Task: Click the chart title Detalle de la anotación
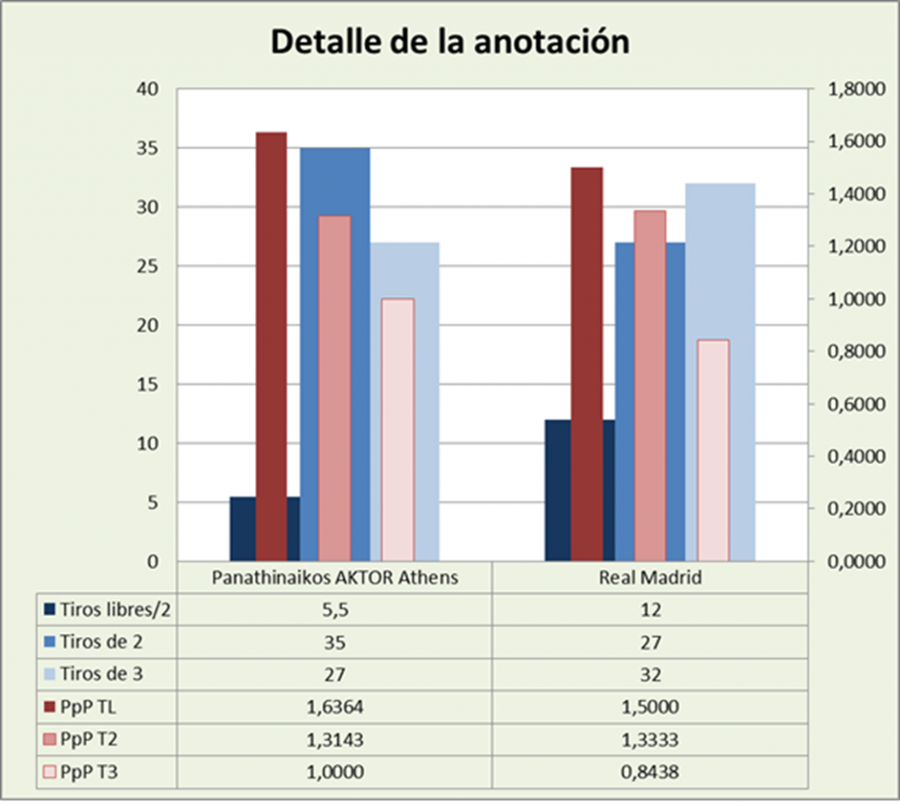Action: click(x=449, y=41)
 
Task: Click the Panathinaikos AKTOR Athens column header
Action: click(x=334, y=577)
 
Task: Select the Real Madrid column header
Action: click(x=649, y=577)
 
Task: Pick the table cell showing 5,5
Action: click(x=334, y=609)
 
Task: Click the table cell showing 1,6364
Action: click(x=334, y=706)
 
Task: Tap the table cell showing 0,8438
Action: click(x=649, y=771)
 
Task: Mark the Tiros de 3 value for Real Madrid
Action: click(x=649, y=674)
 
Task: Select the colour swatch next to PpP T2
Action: click(x=49, y=739)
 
